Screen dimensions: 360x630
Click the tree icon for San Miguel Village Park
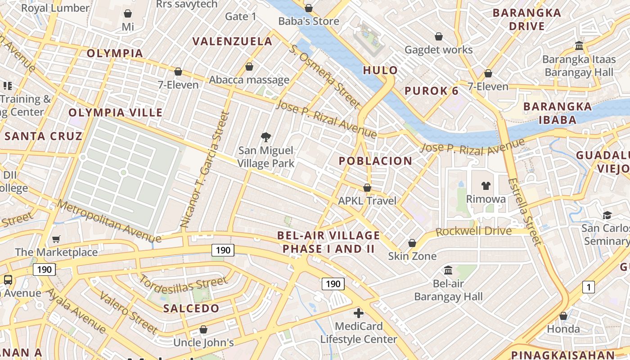point(266,137)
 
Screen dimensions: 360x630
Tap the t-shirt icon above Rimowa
point(486,185)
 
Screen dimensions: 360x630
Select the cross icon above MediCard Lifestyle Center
point(359,313)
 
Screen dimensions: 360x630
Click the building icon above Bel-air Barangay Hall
point(448,270)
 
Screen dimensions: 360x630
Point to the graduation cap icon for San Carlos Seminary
point(607,215)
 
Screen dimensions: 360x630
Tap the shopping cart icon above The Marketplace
point(56,239)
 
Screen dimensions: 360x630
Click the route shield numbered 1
point(588,287)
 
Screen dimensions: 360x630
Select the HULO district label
point(380,70)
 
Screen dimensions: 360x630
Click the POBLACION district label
point(375,161)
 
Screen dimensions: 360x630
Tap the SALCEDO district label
point(191,308)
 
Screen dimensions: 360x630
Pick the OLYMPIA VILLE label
point(116,112)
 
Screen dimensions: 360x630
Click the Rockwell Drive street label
point(474,232)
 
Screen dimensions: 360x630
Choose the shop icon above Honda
point(563,316)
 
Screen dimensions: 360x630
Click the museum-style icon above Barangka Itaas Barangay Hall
point(579,46)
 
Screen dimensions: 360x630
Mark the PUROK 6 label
point(432,91)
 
